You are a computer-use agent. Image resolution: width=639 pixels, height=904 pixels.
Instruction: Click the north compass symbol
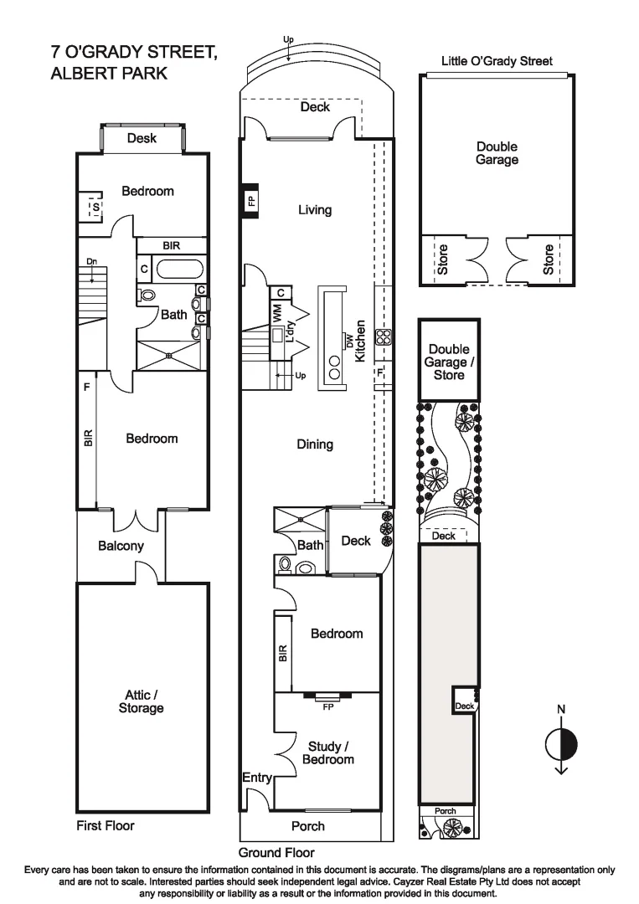(x=561, y=742)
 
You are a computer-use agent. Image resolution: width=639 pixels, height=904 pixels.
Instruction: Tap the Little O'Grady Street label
(x=497, y=61)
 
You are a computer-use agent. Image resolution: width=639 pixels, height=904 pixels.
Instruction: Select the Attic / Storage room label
(x=141, y=701)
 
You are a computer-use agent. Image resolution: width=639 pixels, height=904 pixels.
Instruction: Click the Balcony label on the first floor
(x=121, y=546)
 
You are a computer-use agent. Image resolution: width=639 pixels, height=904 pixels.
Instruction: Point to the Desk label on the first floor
(x=142, y=138)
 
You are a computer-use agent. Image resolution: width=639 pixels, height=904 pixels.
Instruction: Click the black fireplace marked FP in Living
(x=250, y=201)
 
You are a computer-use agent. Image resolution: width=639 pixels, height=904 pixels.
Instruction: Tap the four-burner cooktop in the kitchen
(x=384, y=336)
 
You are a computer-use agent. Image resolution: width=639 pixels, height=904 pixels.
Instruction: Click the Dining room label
(x=315, y=444)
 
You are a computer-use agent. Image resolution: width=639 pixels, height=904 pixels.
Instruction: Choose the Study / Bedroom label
(x=328, y=752)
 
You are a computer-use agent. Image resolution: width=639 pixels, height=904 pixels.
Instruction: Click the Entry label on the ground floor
(x=257, y=778)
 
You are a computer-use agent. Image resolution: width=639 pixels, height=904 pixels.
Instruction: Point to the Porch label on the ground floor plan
(x=307, y=826)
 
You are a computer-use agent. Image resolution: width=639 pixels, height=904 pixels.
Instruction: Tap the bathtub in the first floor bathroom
(x=180, y=270)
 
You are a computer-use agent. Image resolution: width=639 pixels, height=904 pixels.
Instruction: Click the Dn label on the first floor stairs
(x=90, y=262)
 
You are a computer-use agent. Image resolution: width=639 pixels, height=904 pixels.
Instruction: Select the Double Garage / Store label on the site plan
(x=449, y=362)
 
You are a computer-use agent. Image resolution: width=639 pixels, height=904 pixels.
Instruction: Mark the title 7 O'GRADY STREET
(x=134, y=53)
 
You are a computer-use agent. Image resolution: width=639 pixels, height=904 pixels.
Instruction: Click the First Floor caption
(x=106, y=825)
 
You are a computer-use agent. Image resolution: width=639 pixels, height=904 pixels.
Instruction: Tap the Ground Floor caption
(x=276, y=852)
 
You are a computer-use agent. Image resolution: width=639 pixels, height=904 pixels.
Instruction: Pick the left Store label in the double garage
(x=443, y=259)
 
